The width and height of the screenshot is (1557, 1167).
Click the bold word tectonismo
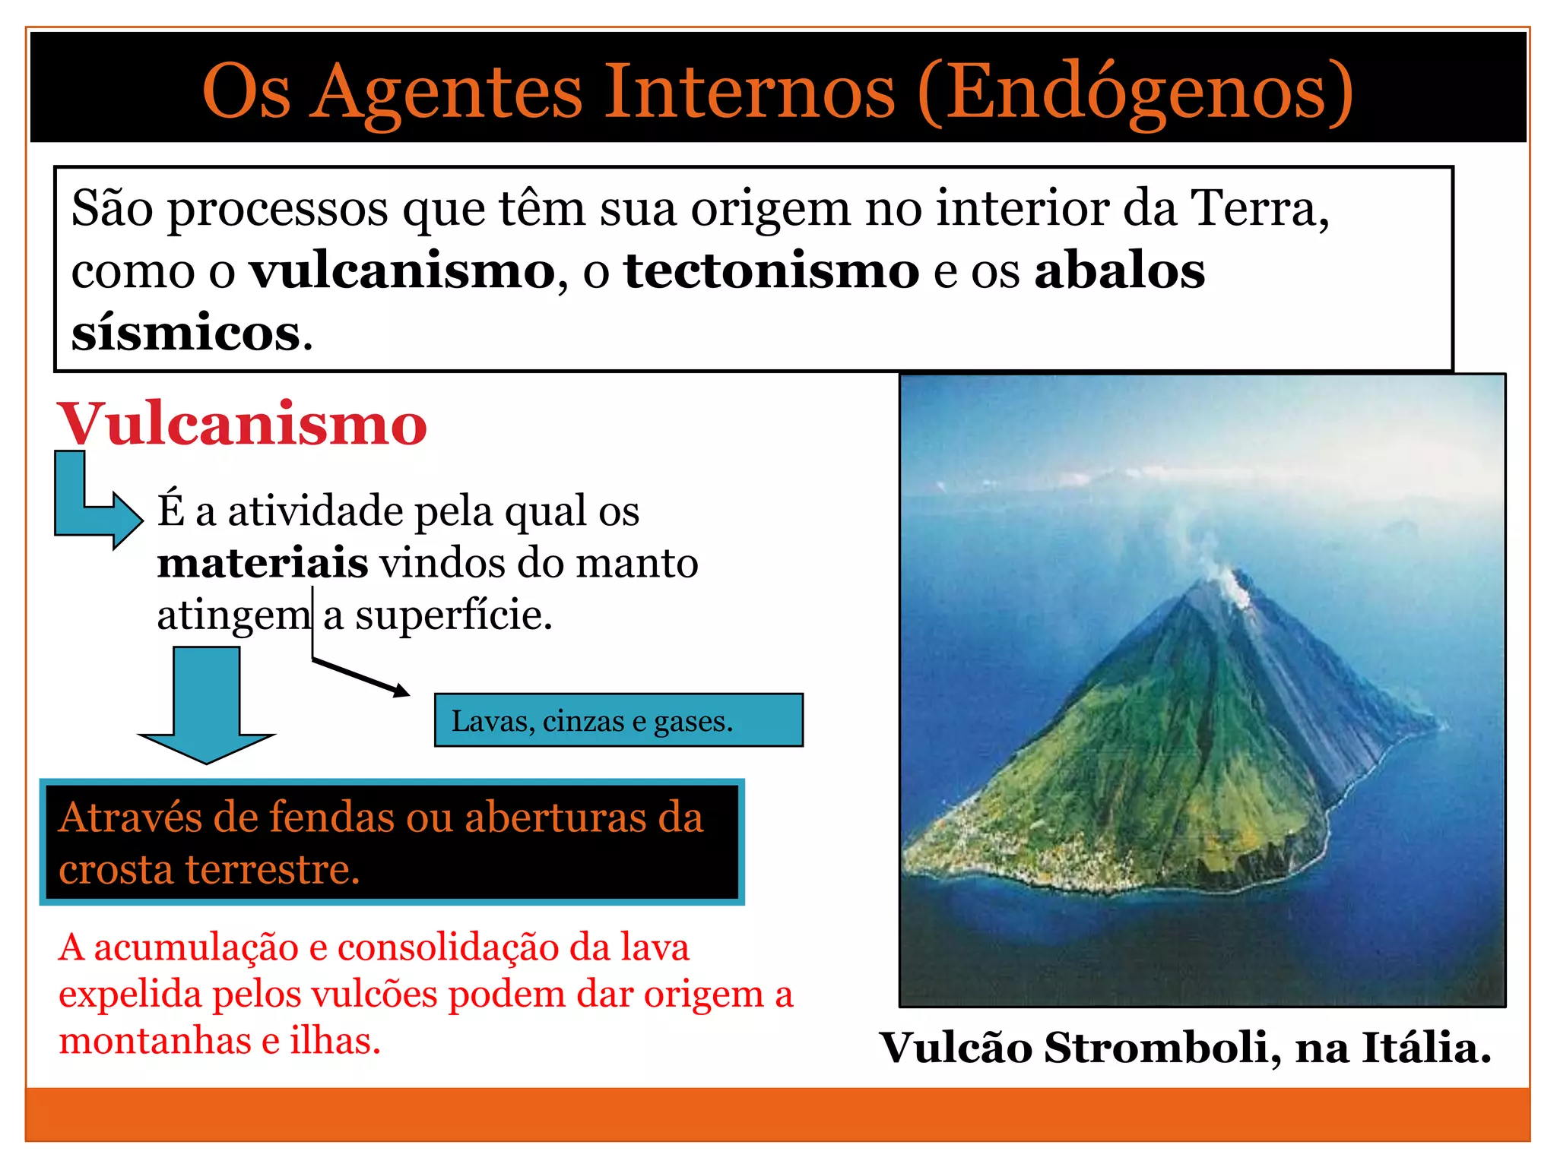click(771, 270)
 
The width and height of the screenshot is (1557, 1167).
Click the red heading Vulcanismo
click(242, 424)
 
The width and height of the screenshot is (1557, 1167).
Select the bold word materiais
click(262, 563)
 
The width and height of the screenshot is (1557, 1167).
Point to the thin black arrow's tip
click(406, 693)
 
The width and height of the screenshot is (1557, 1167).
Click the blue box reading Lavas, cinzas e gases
click(618, 720)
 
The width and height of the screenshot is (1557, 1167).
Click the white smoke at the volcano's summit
click(1229, 585)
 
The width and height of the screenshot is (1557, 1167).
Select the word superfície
click(452, 615)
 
